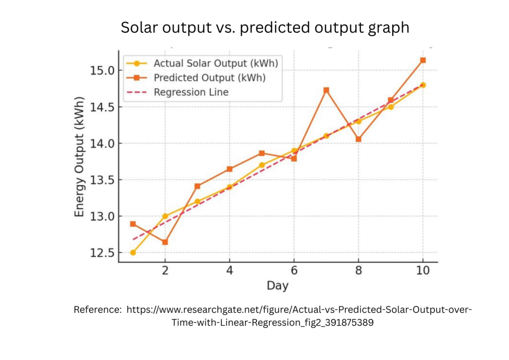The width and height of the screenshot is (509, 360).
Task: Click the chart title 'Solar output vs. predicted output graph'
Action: [265, 28]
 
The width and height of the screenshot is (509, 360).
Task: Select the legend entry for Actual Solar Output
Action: [215, 64]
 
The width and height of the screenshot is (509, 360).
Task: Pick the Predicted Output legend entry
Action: [209, 78]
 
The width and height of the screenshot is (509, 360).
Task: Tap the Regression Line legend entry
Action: [191, 92]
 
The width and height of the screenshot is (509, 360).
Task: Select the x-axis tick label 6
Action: [294, 271]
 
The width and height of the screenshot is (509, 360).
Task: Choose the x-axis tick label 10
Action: [423, 271]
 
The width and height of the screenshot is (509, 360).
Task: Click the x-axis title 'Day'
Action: [277, 286]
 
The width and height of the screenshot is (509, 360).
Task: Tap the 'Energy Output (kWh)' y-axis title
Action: [80, 157]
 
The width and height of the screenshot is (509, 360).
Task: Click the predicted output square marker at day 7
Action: [326, 90]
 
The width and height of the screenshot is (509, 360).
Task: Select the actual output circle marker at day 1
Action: [133, 253]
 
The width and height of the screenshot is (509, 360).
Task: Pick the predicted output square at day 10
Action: [423, 60]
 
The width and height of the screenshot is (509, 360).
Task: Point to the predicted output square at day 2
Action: [165, 242]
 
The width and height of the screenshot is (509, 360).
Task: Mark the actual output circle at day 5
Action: [261, 165]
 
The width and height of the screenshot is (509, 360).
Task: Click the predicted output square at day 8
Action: [358, 139]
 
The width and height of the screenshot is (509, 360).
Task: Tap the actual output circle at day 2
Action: [165, 216]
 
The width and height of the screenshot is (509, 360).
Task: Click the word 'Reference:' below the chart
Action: [98, 310]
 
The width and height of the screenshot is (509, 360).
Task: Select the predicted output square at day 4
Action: [229, 169]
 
